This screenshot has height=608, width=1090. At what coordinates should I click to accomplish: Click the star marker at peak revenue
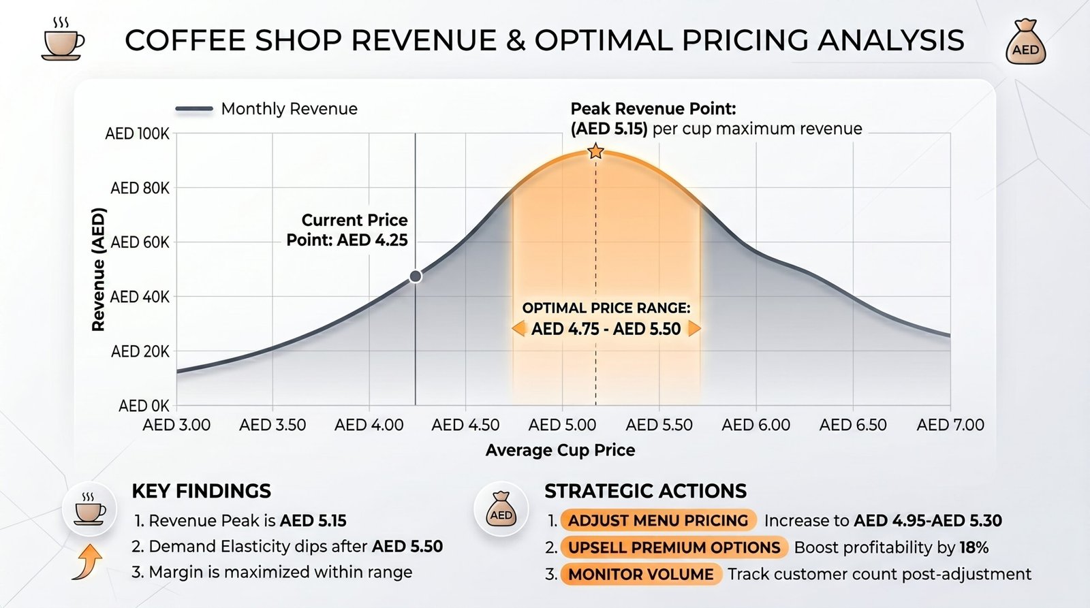point(595,152)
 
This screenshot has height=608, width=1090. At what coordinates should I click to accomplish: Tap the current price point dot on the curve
point(415,276)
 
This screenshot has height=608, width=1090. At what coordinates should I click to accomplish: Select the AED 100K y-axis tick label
point(137,133)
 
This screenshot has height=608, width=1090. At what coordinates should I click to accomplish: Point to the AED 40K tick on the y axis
point(140,296)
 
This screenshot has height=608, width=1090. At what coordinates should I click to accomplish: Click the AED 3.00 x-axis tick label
point(176,425)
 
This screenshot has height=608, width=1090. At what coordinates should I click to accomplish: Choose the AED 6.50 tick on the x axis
point(853,425)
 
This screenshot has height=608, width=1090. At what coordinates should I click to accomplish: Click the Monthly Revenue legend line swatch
point(194,109)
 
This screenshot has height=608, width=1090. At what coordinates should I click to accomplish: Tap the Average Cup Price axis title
point(560,451)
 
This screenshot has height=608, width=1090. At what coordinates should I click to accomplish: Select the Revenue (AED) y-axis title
point(99,270)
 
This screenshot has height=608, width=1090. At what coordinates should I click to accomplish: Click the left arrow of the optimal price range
point(518,329)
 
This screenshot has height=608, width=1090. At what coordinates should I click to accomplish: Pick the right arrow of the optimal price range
point(694,329)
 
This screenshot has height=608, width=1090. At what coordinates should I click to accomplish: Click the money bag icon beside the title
point(1026,42)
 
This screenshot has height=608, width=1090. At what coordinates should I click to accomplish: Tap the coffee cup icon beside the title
point(63,40)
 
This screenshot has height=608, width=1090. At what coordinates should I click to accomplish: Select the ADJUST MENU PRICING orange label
point(658,520)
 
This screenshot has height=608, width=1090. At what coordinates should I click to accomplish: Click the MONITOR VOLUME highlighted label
point(640,575)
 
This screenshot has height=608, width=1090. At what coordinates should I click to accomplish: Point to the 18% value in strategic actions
point(974,547)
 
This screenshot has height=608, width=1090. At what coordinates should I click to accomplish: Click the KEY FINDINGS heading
point(202,492)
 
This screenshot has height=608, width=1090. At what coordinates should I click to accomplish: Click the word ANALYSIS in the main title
point(891,40)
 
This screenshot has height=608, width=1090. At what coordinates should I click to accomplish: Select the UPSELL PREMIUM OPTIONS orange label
point(674,547)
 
